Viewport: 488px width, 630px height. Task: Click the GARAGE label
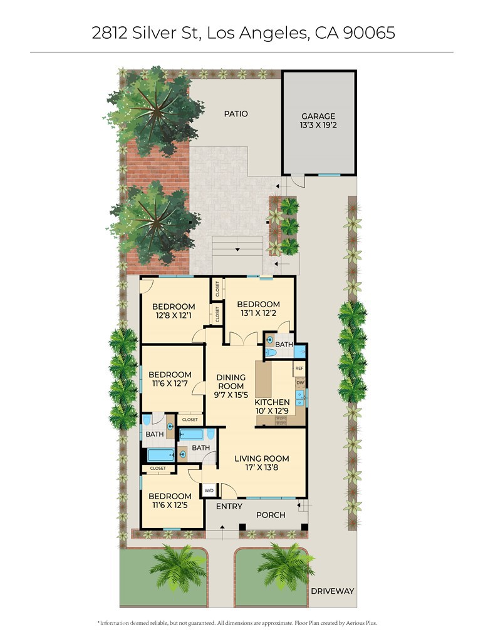[x=318, y=116]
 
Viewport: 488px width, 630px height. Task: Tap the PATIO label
[x=236, y=114]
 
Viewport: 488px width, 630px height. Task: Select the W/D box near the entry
[x=209, y=490]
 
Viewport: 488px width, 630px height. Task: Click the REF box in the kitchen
[x=299, y=368]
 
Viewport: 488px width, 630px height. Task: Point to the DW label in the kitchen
[x=301, y=383]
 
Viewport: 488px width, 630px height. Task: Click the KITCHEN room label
[x=272, y=402]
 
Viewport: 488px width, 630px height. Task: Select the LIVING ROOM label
[x=261, y=459]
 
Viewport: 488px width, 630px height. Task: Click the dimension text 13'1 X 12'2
[x=258, y=313]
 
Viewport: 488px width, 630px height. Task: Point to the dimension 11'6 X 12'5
[x=170, y=505]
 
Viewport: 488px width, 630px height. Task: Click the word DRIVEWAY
[x=332, y=591]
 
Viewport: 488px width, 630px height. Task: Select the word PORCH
[x=271, y=515]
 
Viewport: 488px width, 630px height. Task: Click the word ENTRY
[x=229, y=506]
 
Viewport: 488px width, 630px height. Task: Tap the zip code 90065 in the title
[x=369, y=33]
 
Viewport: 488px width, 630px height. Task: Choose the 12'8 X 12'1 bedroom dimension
[x=174, y=315]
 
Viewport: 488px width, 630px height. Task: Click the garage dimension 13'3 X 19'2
[x=318, y=125]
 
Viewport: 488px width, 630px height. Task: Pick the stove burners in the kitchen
[x=281, y=420]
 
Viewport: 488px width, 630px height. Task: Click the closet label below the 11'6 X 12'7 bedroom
[x=190, y=419]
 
